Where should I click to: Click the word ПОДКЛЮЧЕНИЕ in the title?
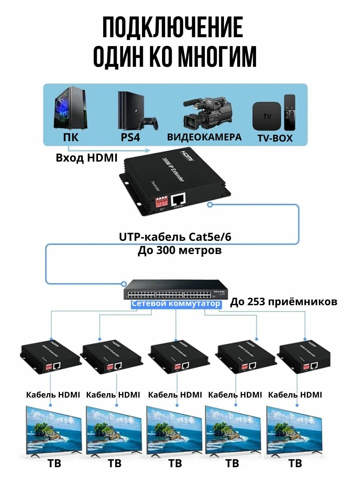pos(172,28)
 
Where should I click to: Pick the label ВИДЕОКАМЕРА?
pos(204,137)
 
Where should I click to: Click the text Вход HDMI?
pos(86,158)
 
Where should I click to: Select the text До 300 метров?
pos(180,251)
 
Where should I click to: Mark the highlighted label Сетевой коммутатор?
pos(176,304)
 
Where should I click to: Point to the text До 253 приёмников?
pos(283,302)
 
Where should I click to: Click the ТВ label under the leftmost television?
pos(54,464)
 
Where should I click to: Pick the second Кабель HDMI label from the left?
pos(113,395)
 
